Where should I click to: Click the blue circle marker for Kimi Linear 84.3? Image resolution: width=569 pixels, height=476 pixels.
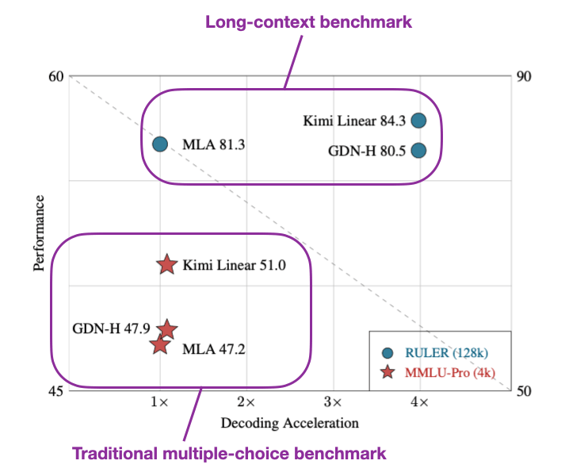[x=419, y=121]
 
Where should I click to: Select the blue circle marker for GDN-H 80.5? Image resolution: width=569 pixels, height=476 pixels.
[x=419, y=150]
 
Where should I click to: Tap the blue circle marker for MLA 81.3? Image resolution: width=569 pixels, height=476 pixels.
[x=160, y=144]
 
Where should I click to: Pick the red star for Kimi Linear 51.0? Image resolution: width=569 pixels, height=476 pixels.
[x=166, y=265]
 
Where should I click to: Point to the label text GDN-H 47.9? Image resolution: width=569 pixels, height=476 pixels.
[x=111, y=328]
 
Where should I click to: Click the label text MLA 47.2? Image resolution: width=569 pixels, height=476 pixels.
[x=214, y=348]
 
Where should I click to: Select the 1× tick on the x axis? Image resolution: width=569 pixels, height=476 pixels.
[x=160, y=403]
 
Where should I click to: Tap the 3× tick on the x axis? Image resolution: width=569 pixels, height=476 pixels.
[x=333, y=403]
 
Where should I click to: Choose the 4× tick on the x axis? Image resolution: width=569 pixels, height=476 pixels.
[x=419, y=403]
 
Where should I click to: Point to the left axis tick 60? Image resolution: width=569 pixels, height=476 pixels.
[x=55, y=76]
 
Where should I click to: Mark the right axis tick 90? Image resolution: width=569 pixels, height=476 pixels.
[x=524, y=76]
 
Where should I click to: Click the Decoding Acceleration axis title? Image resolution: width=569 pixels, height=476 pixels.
[x=289, y=423]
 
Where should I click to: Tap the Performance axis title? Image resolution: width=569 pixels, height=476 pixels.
[x=39, y=234]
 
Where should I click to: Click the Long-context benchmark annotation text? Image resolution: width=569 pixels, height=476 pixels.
[x=309, y=22]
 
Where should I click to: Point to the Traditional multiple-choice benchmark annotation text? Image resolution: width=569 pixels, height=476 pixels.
[x=230, y=455]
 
